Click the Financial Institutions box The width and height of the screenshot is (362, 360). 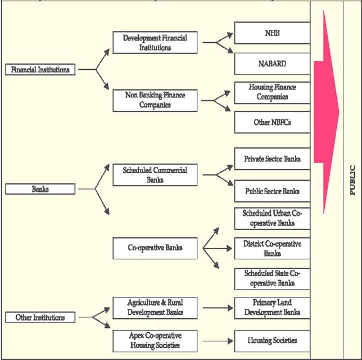[40, 70]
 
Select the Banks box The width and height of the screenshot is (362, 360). [40, 189]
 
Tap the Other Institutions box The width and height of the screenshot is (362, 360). [40, 318]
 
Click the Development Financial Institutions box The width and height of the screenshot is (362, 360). [155, 42]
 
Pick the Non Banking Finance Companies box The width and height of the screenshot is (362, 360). [155, 100]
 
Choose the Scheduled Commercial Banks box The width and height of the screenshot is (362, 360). [155, 175]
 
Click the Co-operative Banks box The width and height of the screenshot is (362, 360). [155, 247]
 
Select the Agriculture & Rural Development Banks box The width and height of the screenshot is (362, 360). [155, 308]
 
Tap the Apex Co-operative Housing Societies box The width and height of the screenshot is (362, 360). [155, 340]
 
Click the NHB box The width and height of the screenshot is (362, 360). [272, 33]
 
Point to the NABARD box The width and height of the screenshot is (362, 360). [272, 64]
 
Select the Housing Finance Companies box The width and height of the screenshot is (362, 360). [272, 92]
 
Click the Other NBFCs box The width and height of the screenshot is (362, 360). [272, 122]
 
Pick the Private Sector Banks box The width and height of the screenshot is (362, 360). [272, 159]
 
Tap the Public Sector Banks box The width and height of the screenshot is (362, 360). [272, 191]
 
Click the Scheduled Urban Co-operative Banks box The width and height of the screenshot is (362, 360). [272, 218]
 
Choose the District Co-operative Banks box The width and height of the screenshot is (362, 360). [272, 249]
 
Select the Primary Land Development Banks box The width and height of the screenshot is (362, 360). [272, 308]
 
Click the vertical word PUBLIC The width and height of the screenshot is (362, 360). [352, 180]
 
